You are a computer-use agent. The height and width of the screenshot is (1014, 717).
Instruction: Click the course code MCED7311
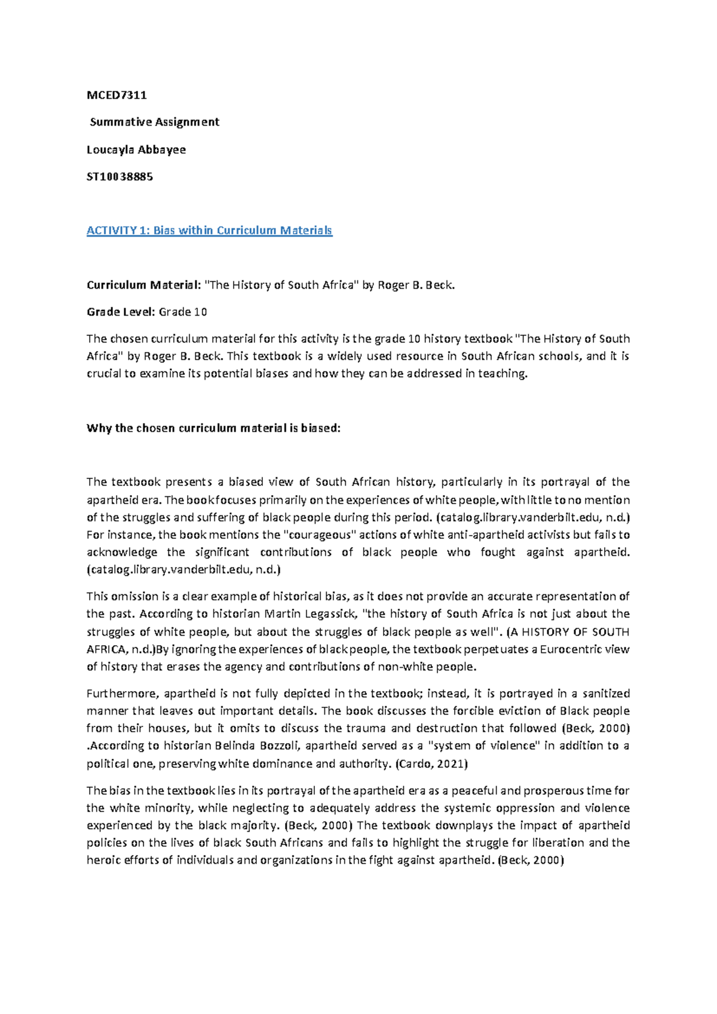point(117,95)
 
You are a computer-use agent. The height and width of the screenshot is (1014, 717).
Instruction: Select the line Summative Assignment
point(154,122)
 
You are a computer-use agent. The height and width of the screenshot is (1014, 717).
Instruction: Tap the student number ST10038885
point(119,176)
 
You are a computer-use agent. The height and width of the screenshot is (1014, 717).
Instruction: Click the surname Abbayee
point(162,149)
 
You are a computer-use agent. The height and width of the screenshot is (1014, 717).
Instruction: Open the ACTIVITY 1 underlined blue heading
point(209,230)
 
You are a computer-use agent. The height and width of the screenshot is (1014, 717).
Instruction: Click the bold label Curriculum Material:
point(143,285)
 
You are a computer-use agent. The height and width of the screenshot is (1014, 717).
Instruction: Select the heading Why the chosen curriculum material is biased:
point(213,428)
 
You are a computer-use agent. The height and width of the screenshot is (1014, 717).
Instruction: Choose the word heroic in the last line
point(103,860)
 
